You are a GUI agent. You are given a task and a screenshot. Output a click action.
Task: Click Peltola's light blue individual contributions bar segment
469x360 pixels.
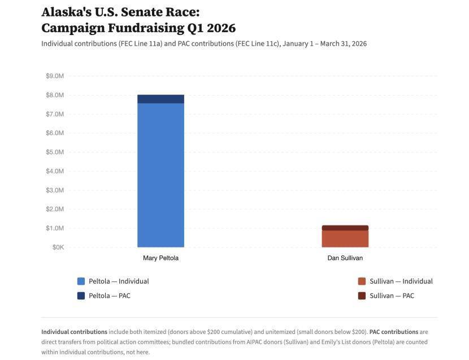tap(160, 175)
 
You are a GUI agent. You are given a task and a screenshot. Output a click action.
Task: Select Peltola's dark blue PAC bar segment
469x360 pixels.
tap(160, 99)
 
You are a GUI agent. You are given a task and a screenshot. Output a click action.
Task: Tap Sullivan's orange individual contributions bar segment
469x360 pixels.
tap(345, 238)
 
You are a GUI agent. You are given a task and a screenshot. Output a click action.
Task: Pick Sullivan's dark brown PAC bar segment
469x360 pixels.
tap(345, 228)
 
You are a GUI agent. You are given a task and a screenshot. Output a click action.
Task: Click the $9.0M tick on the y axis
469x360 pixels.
tap(54, 76)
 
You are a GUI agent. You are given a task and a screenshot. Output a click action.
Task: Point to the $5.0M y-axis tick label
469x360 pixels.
tap(54, 152)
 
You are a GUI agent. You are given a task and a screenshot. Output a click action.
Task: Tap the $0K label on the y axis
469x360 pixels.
tap(57, 248)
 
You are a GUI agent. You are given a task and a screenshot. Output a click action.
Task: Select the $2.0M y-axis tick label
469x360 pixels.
tap(54, 209)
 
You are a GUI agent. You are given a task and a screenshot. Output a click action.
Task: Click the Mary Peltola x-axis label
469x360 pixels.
tap(160, 258)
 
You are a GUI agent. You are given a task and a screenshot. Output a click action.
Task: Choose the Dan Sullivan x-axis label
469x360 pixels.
tap(345, 258)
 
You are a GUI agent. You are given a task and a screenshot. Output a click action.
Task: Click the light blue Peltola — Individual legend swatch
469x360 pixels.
tap(81, 281)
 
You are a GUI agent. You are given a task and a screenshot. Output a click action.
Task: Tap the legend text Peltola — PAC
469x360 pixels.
tap(109, 296)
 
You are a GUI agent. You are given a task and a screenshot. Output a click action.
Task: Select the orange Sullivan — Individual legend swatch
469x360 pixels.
tap(362, 281)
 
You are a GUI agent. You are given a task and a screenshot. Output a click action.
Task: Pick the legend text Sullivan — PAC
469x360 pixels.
tap(392, 296)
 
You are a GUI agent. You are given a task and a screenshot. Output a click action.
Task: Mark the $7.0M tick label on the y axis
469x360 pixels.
tap(54, 114)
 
